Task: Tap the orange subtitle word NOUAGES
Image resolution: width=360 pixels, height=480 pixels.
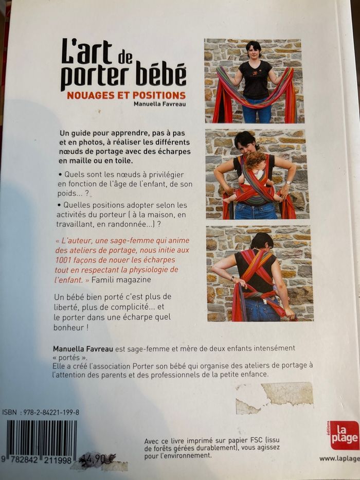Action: [x=91, y=95]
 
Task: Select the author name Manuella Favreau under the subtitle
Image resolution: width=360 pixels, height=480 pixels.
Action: [x=159, y=104]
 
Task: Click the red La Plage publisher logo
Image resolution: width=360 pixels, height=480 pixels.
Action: [x=344, y=435]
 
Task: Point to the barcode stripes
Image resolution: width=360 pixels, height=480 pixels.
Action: [x=42, y=439]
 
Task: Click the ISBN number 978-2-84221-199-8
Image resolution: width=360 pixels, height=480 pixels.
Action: [x=49, y=412]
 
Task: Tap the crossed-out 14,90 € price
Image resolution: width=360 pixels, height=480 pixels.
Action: [x=97, y=458]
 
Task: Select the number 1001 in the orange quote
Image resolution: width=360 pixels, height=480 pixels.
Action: [x=63, y=260]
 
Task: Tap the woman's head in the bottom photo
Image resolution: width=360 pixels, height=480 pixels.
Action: [x=262, y=241]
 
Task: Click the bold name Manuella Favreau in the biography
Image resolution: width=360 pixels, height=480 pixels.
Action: [x=83, y=348]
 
